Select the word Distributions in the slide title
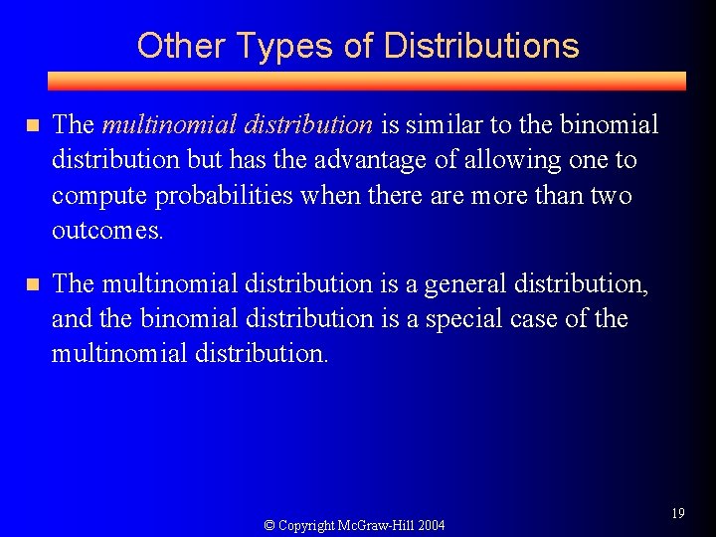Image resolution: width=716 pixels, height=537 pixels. click(x=480, y=46)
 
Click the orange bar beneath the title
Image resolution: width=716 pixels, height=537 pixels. click(x=368, y=82)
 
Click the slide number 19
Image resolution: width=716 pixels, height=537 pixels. click(x=678, y=513)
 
